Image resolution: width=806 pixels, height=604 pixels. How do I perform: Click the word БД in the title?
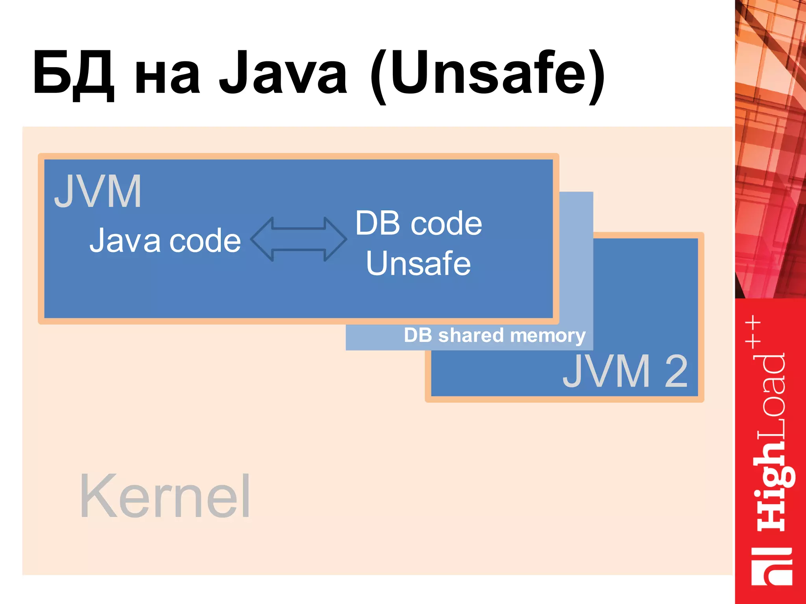pyautogui.click(x=74, y=74)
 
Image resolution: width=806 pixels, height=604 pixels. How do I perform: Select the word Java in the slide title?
pyautogui.click(x=283, y=74)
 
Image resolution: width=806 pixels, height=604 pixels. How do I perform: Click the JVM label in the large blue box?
pyautogui.click(x=98, y=192)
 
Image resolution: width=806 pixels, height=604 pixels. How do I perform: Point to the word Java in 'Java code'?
pyautogui.click(x=125, y=240)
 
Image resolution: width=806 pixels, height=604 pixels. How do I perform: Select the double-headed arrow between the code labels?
pyautogui.click(x=299, y=239)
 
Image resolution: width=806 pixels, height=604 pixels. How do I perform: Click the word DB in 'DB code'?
pyautogui.click(x=378, y=223)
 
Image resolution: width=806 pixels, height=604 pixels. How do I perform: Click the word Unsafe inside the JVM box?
pyautogui.click(x=418, y=263)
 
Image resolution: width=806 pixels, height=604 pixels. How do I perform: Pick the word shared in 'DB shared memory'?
pyautogui.click(x=471, y=335)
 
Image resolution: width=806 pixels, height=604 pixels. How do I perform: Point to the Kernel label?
pyautogui.click(x=165, y=496)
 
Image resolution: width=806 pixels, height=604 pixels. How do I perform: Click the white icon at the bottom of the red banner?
pyautogui.click(x=771, y=566)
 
